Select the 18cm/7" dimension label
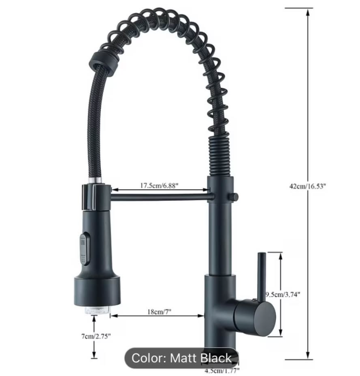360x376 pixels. [x=160, y=311]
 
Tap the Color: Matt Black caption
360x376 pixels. [x=181, y=358]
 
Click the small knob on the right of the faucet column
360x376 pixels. [x=234, y=196]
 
